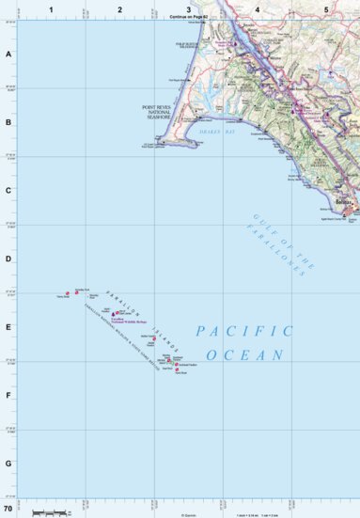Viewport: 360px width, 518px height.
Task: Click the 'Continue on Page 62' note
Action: pos(189,17)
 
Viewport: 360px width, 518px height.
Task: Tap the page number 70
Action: pos(8,508)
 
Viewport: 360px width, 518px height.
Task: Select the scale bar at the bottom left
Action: pos(49,512)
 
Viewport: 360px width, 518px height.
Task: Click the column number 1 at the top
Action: pos(52,8)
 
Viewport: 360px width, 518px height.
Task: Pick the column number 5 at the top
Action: pos(325,8)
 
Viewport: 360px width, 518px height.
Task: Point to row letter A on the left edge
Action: pos(8,54)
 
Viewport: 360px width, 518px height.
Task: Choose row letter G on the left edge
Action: pos(8,463)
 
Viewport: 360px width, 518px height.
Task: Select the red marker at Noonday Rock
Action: pos(67,292)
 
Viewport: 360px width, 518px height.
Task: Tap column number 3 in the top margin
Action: pos(188,8)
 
